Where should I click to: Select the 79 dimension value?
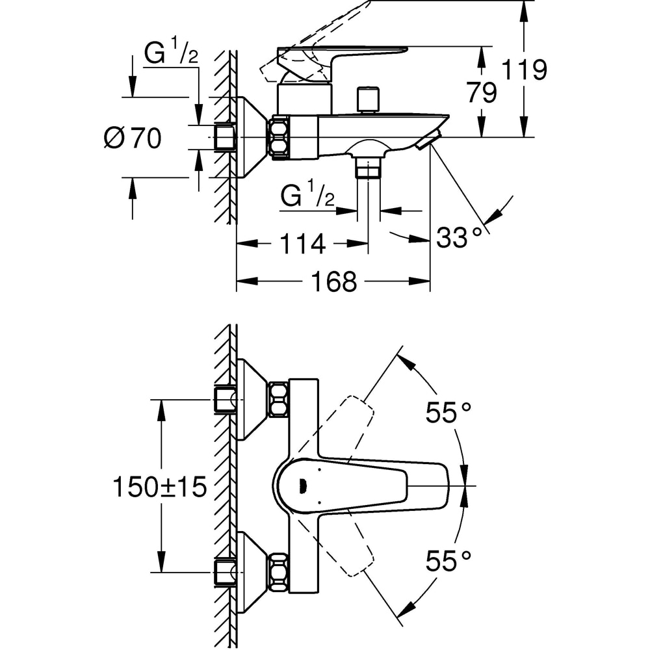[x=482, y=92]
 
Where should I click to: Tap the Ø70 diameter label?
[x=133, y=138]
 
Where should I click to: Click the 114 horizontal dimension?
[x=302, y=244]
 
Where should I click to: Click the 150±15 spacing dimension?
[x=159, y=486]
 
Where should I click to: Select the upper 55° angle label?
[x=448, y=412]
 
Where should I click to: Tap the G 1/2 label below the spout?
[x=308, y=194]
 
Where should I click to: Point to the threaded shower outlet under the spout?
[x=369, y=168]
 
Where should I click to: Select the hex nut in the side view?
[x=279, y=138]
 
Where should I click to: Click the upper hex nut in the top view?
[x=279, y=400]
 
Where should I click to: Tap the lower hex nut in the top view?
[x=279, y=572]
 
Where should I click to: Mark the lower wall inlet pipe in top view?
[x=224, y=572]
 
